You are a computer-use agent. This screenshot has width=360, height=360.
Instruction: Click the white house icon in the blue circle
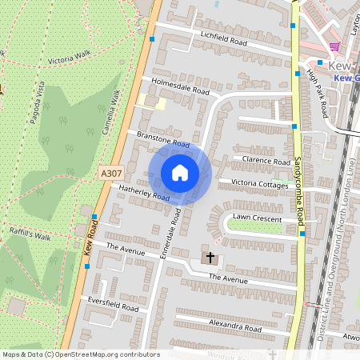pyautogui.click(x=180, y=172)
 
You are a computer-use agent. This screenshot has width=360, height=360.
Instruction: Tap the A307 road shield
pyautogui.click(x=111, y=173)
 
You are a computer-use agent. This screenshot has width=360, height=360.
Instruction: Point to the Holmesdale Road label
pyautogui.click(x=174, y=86)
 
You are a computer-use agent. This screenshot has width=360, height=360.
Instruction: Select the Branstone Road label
pyautogui.click(x=162, y=140)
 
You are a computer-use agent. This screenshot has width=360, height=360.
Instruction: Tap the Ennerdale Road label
pyautogui.click(x=174, y=234)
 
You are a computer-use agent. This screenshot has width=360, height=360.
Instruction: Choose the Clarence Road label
pyautogui.click(x=266, y=161)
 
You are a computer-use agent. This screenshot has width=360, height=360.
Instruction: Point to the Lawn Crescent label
pyautogui.click(x=257, y=218)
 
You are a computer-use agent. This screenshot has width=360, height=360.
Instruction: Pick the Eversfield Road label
pyautogui.click(x=114, y=307)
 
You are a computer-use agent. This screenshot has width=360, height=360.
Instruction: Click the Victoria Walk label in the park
pyautogui.click(x=70, y=58)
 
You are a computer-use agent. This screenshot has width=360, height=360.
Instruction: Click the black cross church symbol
pyautogui.click(x=211, y=258)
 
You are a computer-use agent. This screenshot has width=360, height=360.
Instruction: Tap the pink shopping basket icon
pyautogui.click(x=334, y=47)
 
